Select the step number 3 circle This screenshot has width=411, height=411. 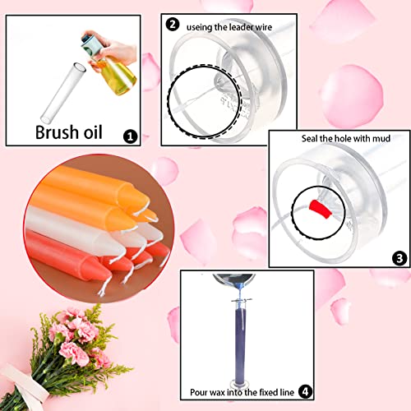399,258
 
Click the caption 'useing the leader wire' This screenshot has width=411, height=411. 233,25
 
